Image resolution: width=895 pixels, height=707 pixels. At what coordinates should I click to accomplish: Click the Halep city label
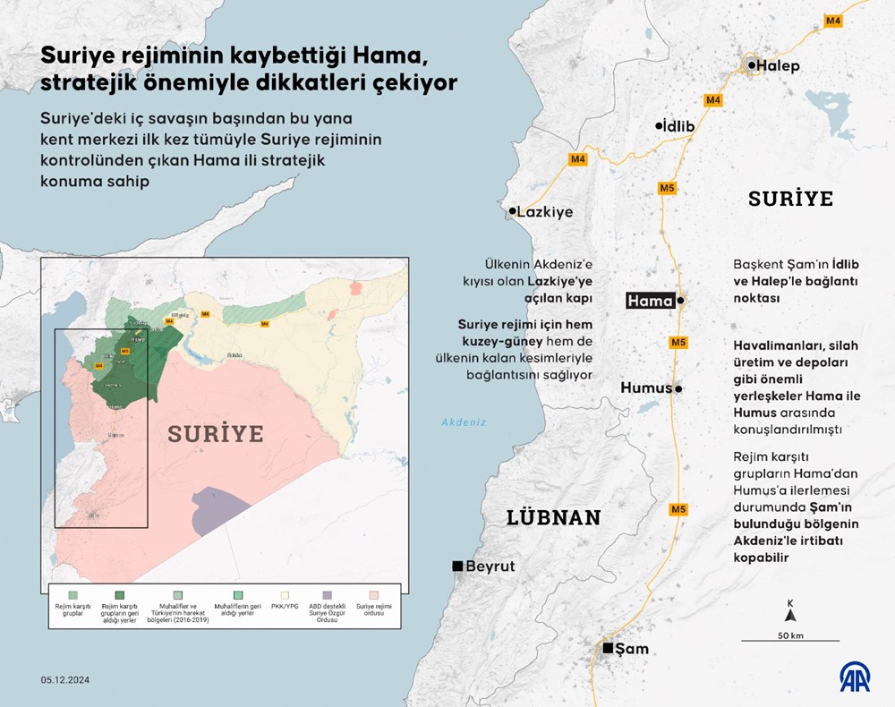pos(778,65)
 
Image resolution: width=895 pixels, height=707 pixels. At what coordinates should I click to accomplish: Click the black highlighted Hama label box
pos(650,302)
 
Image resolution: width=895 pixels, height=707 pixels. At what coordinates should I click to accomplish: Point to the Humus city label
pos(646,388)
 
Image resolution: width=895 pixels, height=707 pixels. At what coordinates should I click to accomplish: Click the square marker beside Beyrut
pos(457,566)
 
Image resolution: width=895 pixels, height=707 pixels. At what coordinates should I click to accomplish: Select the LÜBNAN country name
pos(552,517)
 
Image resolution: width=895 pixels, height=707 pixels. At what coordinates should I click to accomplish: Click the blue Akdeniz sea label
pos(463,423)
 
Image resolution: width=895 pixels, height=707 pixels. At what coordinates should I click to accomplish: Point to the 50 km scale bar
pos(789,639)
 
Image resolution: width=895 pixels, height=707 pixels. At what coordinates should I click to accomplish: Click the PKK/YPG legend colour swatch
pos(287,594)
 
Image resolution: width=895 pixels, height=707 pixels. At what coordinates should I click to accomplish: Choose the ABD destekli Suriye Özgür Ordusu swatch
pos(328,594)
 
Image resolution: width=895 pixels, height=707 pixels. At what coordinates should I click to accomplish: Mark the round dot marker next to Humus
pos(679,389)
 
